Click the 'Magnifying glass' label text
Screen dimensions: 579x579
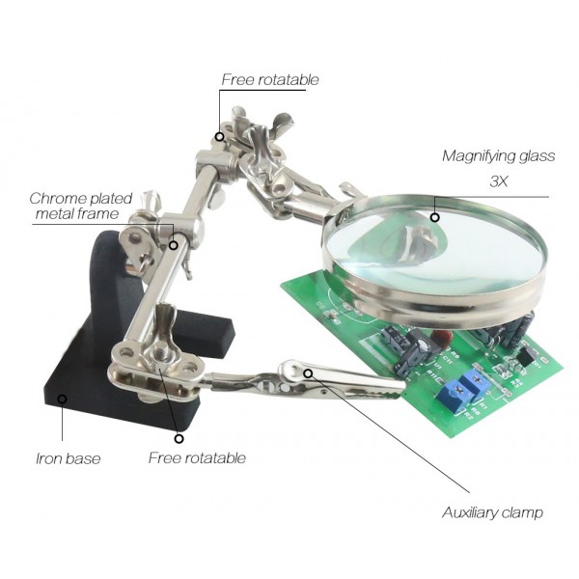coord(499,156)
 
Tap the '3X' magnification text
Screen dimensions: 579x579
coord(499,181)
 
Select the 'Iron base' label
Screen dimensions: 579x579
coord(69,458)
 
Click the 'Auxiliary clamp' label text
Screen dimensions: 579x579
coord(492,513)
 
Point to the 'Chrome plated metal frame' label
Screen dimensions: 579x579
coord(80,207)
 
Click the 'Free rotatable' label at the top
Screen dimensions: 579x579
coord(270,80)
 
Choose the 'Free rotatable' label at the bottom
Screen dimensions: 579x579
coord(197,457)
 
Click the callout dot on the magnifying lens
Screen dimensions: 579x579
coord(435,217)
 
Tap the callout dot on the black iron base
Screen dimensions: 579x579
coord(63,399)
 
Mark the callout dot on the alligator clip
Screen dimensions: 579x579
coord(308,373)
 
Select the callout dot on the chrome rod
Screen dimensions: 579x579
coord(173,245)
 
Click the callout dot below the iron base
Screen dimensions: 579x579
coord(179,439)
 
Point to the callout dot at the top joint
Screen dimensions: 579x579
coord(220,137)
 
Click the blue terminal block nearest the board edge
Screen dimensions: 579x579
coord(455,394)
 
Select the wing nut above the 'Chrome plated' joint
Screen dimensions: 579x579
coord(152,203)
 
